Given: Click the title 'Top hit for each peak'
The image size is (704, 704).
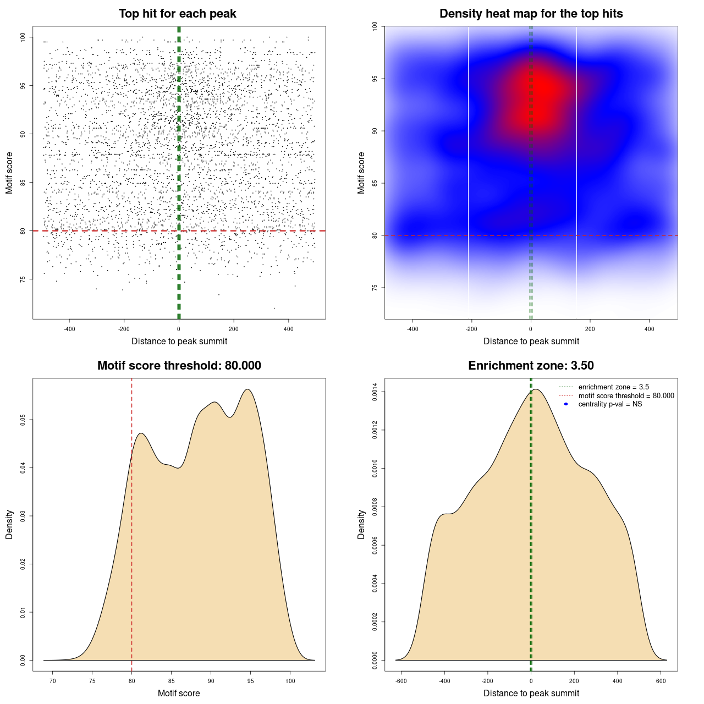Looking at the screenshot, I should click(x=178, y=14).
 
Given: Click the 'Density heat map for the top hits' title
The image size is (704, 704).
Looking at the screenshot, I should click(x=531, y=14).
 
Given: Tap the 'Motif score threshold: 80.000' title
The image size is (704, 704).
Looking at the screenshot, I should click(x=179, y=366).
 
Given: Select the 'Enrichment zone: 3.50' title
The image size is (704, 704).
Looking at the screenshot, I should click(x=531, y=366).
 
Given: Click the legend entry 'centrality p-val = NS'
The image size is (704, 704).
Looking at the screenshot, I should click(x=610, y=404).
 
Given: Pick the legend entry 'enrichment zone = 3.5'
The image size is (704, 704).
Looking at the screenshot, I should click(x=613, y=387).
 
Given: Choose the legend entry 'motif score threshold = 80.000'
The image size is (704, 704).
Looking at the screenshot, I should click(x=626, y=395).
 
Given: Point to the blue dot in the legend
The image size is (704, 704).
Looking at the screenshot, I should click(x=565, y=404).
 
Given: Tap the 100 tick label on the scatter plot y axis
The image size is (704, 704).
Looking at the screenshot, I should click(x=23, y=37).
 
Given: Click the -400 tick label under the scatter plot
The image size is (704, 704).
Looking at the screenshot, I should click(x=69, y=329).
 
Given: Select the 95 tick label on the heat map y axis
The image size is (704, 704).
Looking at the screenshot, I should click(x=375, y=79).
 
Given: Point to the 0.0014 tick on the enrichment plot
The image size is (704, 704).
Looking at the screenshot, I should click(x=375, y=392).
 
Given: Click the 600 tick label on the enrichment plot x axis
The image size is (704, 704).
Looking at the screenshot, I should click(x=661, y=681).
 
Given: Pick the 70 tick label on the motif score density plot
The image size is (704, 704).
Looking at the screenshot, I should click(x=53, y=681).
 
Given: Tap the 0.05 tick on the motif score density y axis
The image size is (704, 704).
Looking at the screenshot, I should click(x=23, y=420).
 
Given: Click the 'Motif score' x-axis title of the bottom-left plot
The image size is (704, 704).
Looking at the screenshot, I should click(x=179, y=693).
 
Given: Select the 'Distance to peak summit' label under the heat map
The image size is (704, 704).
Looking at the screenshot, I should click(x=531, y=341).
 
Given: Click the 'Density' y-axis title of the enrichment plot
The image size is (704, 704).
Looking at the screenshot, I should click(x=361, y=524).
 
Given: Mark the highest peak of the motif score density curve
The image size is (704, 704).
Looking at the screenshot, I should click(x=248, y=389).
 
